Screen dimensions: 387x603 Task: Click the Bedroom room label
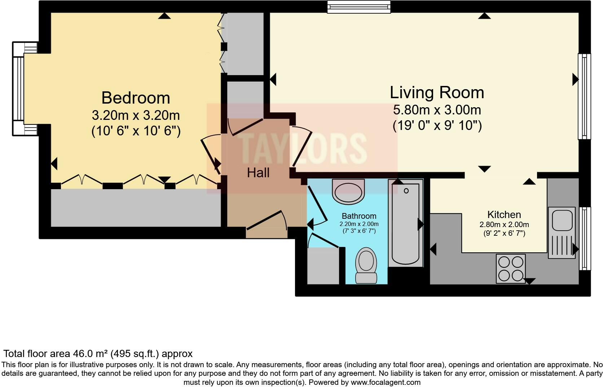136,98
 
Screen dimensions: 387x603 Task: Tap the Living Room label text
437,93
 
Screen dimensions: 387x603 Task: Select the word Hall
258,173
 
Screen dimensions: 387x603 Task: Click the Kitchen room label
504,214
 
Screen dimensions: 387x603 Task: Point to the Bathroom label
359,216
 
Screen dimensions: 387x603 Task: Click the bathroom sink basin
348,191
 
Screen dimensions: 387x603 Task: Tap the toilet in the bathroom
366,265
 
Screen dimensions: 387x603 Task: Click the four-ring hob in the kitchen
511,269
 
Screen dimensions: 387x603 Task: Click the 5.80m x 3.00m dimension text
437,110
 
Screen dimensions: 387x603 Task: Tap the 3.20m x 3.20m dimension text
136,116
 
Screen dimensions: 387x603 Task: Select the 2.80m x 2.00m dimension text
504,225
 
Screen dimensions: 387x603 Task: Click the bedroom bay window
19,89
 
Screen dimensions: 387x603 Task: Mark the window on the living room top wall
359,7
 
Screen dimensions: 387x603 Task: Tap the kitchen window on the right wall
585,238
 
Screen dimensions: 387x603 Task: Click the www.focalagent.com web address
386,382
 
